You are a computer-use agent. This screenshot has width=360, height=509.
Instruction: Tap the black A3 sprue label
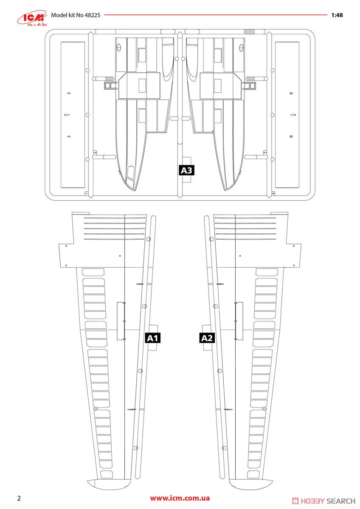click(x=186, y=171)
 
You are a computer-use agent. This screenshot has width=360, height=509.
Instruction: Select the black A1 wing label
click(x=152, y=338)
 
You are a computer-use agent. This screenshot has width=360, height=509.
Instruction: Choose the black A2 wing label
click(x=207, y=338)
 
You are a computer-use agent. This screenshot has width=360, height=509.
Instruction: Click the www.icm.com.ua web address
click(x=180, y=498)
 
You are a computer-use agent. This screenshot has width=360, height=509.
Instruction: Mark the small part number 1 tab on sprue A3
click(x=87, y=193)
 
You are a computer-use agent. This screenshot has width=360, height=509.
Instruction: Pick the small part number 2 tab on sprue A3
click(x=95, y=152)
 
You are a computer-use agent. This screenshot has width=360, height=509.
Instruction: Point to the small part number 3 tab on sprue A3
click(x=265, y=152)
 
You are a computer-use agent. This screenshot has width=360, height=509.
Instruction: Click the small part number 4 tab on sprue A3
click(x=273, y=193)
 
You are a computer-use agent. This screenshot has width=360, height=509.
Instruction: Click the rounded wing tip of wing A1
click(x=108, y=484)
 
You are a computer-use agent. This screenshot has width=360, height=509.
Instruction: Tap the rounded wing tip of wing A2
click(x=251, y=484)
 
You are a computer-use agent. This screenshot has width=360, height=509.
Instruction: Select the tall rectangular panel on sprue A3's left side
click(x=73, y=115)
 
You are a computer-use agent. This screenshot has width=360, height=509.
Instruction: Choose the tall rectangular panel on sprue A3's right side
click(x=287, y=115)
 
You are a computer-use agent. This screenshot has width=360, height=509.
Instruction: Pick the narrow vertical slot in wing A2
click(x=239, y=321)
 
